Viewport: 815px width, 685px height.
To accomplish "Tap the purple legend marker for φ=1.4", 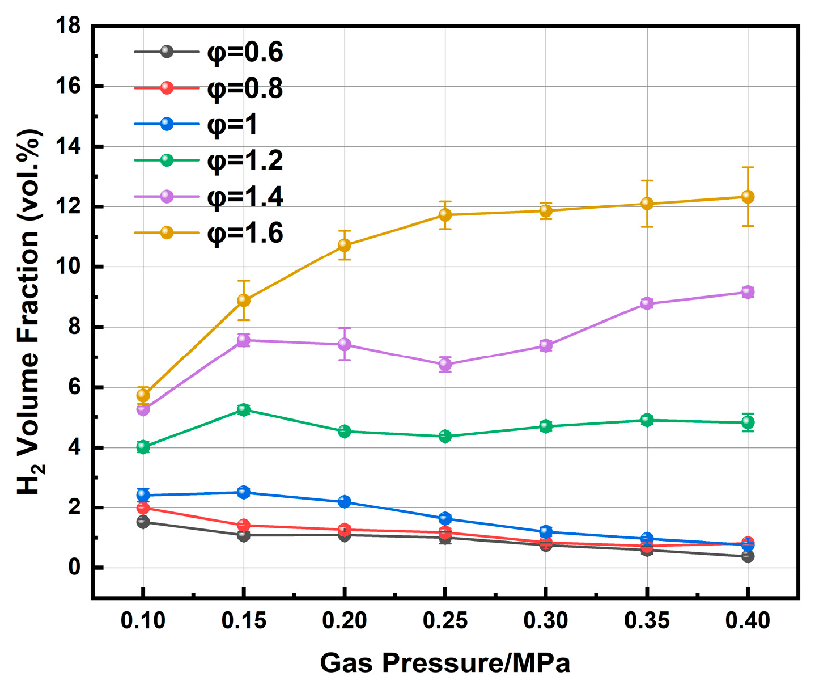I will [x=167, y=196].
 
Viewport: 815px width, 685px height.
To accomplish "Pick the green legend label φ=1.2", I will [x=245, y=160].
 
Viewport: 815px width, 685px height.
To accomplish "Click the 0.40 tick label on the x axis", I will [x=748, y=620].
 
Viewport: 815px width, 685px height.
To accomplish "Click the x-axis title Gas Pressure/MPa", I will [x=445, y=662].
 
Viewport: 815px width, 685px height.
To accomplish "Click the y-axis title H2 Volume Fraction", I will [x=29, y=312].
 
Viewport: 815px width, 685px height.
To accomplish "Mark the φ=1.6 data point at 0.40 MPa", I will [x=748, y=197].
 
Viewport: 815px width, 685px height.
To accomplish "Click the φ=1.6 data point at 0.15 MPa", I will [x=244, y=300].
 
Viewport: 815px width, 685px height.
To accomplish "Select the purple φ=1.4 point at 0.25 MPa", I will [x=445, y=364].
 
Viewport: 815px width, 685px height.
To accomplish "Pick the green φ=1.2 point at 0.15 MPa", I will [x=244, y=410].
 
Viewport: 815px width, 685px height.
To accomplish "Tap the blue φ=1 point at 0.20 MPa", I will [x=344, y=502].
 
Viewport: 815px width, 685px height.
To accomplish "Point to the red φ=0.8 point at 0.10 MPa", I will [x=143, y=508].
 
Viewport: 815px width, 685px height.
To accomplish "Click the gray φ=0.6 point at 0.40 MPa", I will [x=748, y=556].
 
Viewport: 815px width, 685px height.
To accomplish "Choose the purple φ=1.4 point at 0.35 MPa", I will [x=647, y=303].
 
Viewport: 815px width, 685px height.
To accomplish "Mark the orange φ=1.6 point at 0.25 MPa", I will [x=445, y=215].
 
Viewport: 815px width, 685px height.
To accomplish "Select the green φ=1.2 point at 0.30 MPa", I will [x=546, y=426].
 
